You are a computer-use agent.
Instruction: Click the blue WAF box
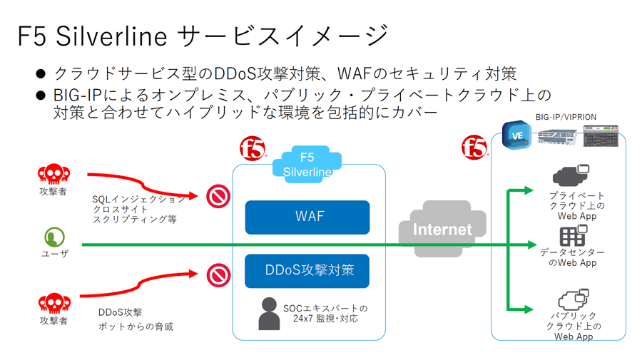(x=307, y=217)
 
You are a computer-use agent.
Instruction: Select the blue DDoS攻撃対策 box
(x=307, y=270)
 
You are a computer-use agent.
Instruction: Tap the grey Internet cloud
(x=442, y=228)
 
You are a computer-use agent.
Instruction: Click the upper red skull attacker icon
(x=53, y=174)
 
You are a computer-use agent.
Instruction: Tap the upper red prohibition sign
(x=217, y=196)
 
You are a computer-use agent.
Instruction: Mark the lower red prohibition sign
(x=217, y=274)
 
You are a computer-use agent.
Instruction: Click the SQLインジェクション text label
(x=138, y=200)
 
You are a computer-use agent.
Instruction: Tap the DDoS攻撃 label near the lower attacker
(x=120, y=312)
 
